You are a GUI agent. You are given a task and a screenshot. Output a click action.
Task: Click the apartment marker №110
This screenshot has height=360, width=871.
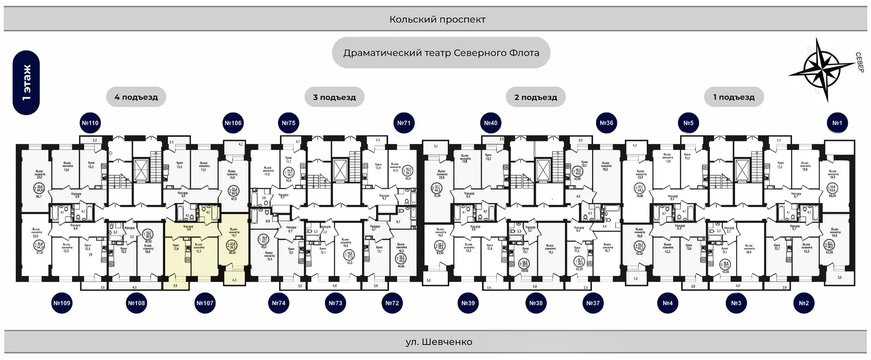[90, 123]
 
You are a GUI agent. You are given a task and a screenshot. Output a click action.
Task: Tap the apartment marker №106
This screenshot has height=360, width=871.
[233, 123]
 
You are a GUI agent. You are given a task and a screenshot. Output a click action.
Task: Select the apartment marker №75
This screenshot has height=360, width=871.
[289, 123]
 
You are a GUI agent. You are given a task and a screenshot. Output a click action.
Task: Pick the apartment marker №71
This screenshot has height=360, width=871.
[404, 123]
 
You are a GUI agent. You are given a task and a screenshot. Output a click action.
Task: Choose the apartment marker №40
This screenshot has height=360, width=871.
[490, 123]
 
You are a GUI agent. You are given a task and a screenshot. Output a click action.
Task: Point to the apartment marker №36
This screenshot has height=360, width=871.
[607, 123]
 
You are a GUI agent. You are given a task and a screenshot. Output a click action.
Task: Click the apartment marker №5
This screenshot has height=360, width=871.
[688, 123]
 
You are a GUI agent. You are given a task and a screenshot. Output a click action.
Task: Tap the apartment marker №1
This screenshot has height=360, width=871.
[837, 123]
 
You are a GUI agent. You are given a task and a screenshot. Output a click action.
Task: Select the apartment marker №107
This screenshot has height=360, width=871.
[205, 303]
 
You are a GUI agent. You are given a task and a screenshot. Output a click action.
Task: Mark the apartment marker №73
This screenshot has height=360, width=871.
[335, 303]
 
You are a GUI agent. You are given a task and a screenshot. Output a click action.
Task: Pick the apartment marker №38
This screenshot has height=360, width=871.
[536, 303]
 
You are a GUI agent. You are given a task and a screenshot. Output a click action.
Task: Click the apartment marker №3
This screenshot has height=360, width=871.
[736, 303]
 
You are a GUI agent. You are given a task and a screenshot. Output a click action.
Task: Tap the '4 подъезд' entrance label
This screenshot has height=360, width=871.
[136, 97]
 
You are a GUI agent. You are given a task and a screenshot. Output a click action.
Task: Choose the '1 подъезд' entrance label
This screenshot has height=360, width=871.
[734, 97]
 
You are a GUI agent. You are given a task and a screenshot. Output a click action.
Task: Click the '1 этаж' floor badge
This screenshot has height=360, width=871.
[26, 83]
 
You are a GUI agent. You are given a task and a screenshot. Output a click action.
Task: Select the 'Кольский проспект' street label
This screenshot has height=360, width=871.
[437, 19]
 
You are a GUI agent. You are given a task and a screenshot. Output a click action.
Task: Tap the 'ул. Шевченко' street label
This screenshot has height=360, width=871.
[439, 342]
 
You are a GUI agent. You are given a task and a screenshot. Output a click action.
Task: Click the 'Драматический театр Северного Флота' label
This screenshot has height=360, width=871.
[441, 53]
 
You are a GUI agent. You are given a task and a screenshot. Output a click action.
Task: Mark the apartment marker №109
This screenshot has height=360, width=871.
[62, 303]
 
